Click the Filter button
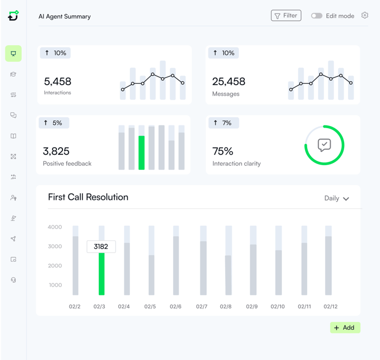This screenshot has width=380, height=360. (x=286, y=16)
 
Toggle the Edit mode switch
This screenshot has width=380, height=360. (x=316, y=16)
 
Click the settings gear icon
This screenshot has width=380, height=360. (x=365, y=15)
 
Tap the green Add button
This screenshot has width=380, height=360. (x=345, y=327)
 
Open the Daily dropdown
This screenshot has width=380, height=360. (x=337, y=198)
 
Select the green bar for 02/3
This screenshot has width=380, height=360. (x=102, y=274)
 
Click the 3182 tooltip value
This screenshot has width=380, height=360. (x=101, y=247)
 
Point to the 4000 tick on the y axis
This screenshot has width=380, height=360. (x=55, y=227)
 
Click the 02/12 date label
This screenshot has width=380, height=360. (x=331, y=307)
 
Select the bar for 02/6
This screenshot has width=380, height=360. (x=176, y=265)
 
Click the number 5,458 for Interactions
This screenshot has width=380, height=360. (x=58, y=81)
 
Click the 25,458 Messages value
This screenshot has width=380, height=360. (x=229, y=81)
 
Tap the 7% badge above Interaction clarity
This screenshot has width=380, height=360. (x=223, y=123)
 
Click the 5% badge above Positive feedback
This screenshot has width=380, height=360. (x=54, y=123)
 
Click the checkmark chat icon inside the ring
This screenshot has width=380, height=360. (x=324, y=145)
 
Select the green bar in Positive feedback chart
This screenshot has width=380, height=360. (x=142, y=153)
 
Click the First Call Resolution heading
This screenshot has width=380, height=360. (x=88, y=197)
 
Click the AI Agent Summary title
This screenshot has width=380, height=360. (x=65, y=16)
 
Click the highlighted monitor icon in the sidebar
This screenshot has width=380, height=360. (x=14, y=53)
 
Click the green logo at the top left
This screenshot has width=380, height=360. (x=14, y=16)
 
